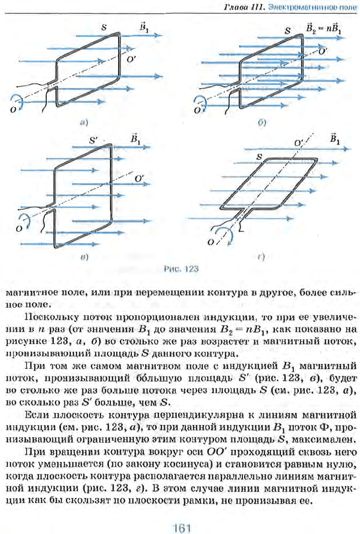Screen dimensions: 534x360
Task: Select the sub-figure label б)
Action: click(x=261, y=122)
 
